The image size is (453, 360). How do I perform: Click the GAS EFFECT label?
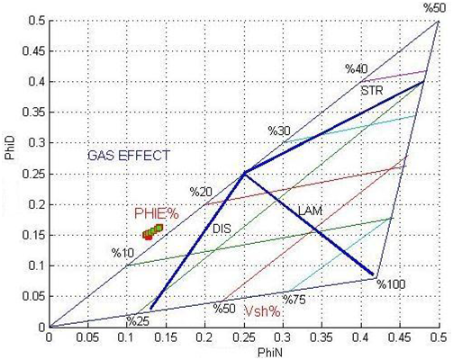(x=129, y=156)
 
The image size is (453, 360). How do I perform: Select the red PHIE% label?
(x=157, y=214)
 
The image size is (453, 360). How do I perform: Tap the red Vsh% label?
(x=263, y=311)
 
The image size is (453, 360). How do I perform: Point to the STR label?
(x=372, y=90)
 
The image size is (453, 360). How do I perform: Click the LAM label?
(x=310, y=211)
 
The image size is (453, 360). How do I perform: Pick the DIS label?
(x=222, y=229)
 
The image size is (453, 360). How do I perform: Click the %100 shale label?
(x=392, y=284)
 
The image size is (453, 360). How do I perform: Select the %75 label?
(x=294, y=300)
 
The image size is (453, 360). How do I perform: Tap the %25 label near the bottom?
(x=138, y=321)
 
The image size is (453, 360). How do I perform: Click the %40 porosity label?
(x=357, y=69)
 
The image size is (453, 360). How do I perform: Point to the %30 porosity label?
(x=279, y=130)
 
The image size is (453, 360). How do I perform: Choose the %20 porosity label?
(x=201, y=192)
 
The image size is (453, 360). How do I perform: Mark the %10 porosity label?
(x=122, y=253)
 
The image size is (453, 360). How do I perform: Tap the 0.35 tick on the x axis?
(x=322, y=337)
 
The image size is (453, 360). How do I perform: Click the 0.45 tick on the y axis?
(x=33, y=51)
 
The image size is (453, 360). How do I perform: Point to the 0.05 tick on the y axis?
(x=33, y=296)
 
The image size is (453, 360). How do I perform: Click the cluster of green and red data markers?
(x=152, y=232)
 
